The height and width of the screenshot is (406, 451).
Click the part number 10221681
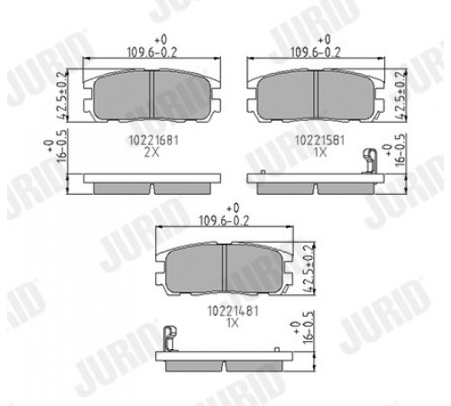[x=153, y=140]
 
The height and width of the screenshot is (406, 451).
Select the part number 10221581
[x=319, y=140]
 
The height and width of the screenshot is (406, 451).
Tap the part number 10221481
[x=233, y=311]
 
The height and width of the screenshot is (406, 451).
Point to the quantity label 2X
[x=152, y=152]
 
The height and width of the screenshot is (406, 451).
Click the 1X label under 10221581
[x=320, y=152]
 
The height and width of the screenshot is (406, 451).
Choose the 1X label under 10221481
[x=233, y=323]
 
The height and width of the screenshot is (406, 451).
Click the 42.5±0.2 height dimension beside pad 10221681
[x=61, y=97]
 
